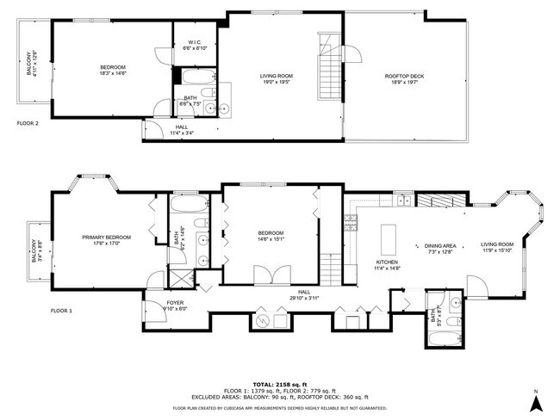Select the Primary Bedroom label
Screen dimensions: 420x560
pyautogui.click(x=107, y=240)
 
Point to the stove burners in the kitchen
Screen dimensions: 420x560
pyautogui.click(x=350, y=224)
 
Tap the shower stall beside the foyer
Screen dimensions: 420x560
pyautogui.click(x=182, y=278)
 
